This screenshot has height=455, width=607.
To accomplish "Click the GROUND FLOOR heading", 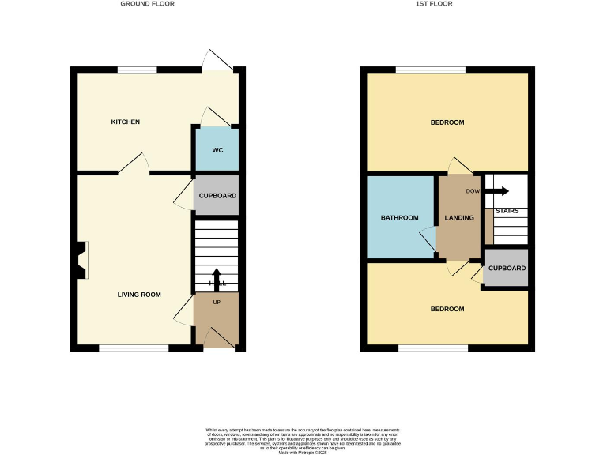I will [x=147, y=4].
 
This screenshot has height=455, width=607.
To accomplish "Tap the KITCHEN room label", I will [x=125, y=122].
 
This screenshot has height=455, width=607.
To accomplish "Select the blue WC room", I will [x=216, y=149].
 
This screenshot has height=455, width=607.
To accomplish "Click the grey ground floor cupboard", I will [x=217, y=196].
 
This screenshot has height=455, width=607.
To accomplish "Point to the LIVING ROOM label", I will [x=139, y=295].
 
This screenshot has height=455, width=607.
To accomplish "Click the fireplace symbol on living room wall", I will [x=81, y=260].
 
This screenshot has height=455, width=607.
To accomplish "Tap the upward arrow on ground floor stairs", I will [x=217, y=277].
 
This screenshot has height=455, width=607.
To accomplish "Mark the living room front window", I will [x=134, y=348].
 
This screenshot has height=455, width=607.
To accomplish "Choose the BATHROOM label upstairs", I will [x=399, y=218].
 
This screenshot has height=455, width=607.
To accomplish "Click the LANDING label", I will [x=459, y=218].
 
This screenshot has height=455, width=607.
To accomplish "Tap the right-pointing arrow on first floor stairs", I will [x=497, y=190].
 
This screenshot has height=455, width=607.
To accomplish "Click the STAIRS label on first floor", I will [x=507, y=211].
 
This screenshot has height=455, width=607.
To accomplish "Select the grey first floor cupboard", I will [x=507, y=269].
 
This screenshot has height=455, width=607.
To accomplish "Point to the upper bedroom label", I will [x=447, y=122].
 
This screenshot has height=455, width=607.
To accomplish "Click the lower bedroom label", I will [x=447, y=308].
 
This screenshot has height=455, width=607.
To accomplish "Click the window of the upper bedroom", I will [x=431, y=70].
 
